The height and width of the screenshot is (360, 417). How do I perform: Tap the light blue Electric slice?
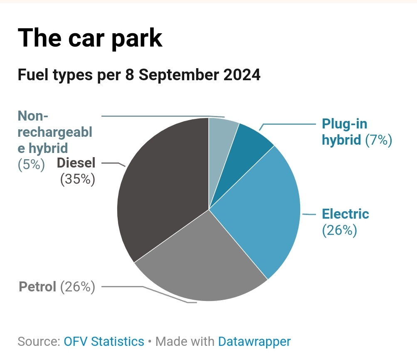262,208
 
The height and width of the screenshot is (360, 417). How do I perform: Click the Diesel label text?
76,163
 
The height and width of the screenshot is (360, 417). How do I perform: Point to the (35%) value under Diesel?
78,180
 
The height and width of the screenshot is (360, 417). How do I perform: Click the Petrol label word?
37,286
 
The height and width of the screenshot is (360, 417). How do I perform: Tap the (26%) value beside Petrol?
78,286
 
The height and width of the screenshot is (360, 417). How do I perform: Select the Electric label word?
345,214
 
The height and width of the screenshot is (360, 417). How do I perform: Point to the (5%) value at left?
31,164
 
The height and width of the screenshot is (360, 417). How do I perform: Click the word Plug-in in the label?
345,124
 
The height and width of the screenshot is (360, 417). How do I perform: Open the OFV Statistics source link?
104,342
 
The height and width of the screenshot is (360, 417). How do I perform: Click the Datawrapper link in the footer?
254,342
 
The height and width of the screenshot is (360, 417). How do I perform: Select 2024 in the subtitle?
242,75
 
